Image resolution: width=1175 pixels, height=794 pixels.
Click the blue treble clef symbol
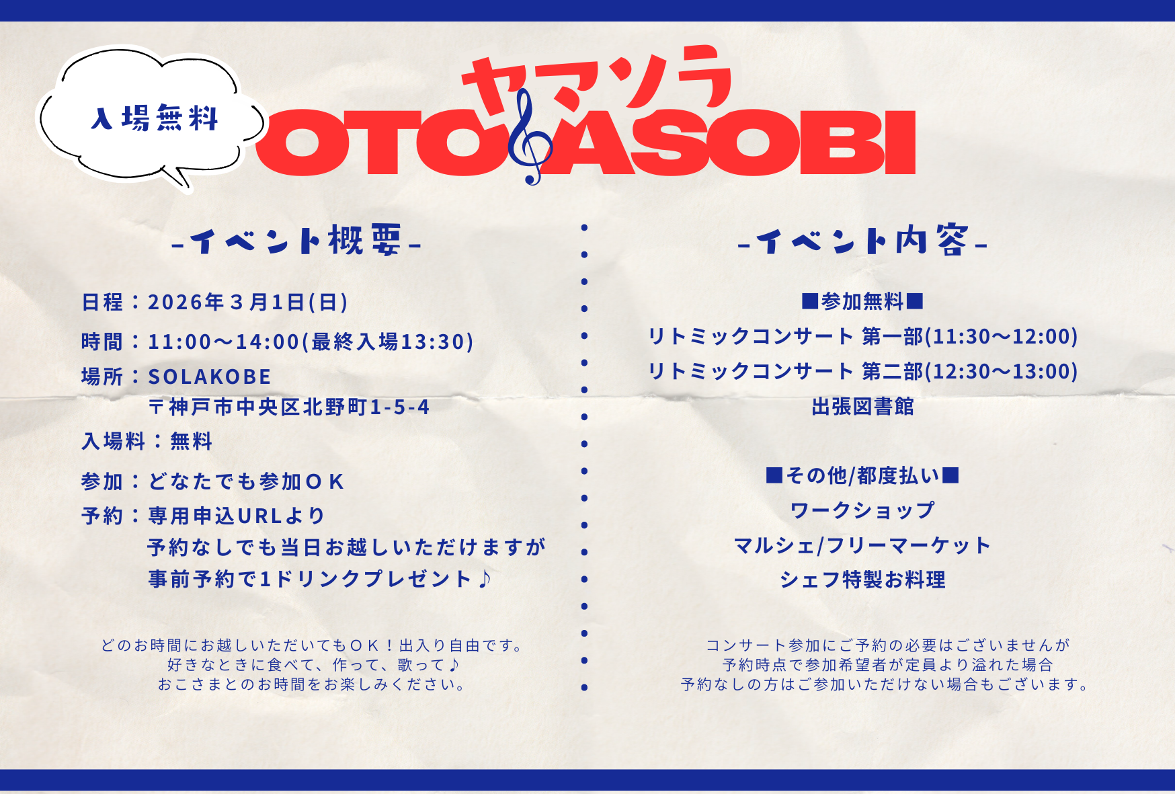click(530, 138)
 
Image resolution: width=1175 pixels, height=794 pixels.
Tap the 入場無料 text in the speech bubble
click(155, 118)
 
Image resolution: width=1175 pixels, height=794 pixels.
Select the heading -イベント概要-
click(296, 241)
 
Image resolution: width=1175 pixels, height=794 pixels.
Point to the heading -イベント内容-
click(862, 241)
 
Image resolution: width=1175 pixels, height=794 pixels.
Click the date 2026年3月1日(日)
click(248, 302)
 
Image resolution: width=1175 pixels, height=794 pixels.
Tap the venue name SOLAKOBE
click(210, 376)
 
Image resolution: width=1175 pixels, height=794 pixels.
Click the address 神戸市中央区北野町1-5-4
click(299, 407)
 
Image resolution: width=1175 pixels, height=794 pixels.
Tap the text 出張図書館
click(862, 406)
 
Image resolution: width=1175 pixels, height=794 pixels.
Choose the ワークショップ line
click(862, 510)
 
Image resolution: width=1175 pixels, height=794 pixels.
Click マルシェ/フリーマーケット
click(862, 545)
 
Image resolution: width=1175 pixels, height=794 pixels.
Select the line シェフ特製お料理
click(862, 580)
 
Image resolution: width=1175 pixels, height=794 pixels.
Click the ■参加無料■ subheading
click(862, 301)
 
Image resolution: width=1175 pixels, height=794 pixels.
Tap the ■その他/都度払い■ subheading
click(862, 475)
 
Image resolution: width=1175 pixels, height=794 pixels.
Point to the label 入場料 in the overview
click(113, 441)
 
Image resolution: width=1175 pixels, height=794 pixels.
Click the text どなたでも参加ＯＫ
click(246, 481)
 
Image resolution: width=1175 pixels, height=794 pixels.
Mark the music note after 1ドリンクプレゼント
click(485, 578)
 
